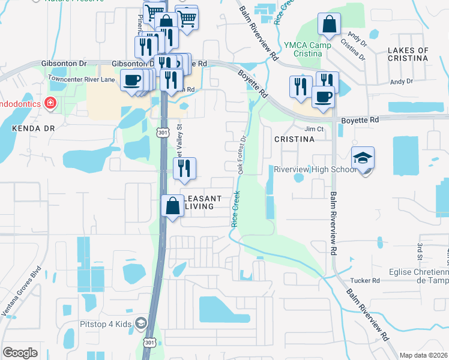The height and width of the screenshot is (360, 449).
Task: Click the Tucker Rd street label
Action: coord(367,280)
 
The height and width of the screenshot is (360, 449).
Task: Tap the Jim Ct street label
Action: coord(314,129)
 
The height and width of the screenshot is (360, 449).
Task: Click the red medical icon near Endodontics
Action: coord(50,103)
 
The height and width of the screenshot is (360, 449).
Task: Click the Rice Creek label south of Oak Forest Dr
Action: coord(236,208)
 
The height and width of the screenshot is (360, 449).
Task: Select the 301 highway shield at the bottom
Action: coord(149,343)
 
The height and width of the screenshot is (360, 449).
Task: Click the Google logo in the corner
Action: coord(20,353)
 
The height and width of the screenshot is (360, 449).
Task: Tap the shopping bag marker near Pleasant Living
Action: coord(172,206)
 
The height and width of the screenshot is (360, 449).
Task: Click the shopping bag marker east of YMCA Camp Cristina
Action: coord(329,25)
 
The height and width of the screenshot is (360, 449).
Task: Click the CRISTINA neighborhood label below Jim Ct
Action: coord(294,139)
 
